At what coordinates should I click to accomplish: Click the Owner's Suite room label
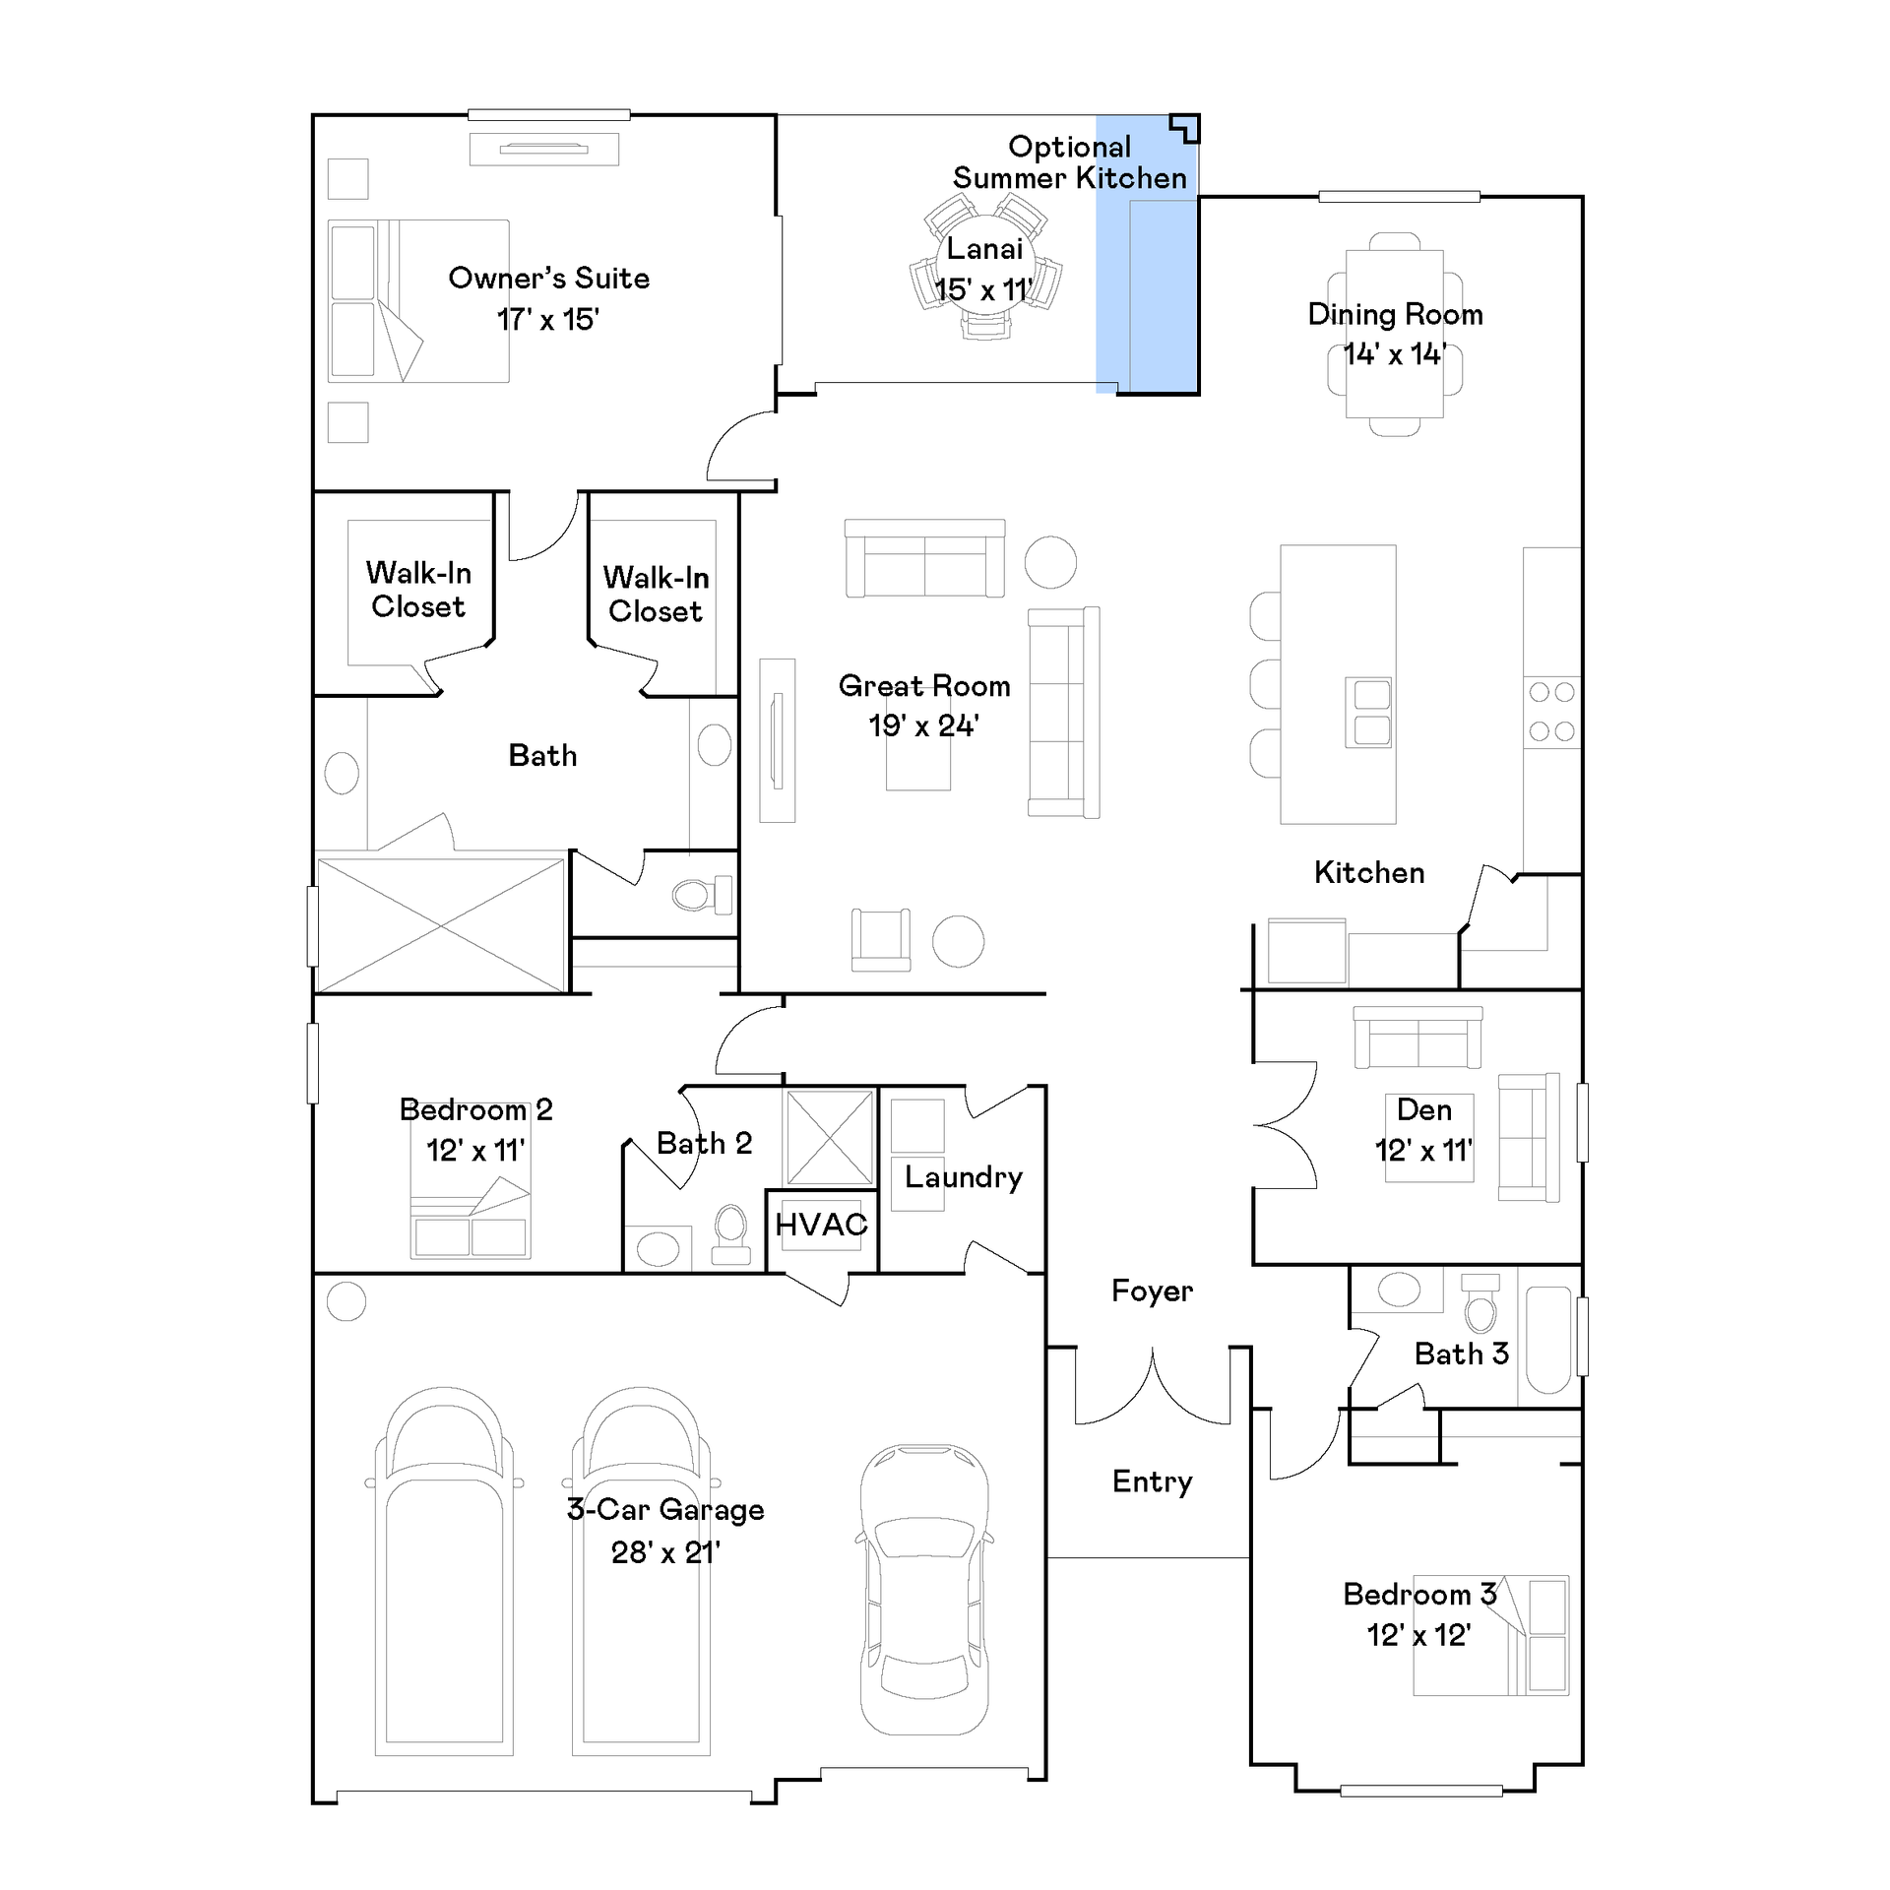coord(548,279)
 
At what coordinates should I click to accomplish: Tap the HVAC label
coord(821,1225)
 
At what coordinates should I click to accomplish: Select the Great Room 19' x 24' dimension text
coord(923,726)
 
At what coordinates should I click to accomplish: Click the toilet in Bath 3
coord(1480,1303)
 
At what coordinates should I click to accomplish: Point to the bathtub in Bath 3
coord(1548,1340)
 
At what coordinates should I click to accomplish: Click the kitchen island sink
coord(1369,713)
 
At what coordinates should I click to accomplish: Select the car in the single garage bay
coord(924,1591)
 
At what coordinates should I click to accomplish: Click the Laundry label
coord(964,1178)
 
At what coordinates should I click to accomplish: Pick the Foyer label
coord(1152,1291)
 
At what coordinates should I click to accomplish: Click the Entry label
coord(1152,1482)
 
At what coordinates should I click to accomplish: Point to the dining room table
coord(1395,335)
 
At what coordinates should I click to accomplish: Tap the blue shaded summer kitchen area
coord(1147,254)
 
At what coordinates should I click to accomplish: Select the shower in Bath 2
coord(830,1138)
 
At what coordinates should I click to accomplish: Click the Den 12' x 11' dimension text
coord(1423,1150)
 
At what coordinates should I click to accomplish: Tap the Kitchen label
coord(1369,872)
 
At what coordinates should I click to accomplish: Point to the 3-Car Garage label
coord(665,1509)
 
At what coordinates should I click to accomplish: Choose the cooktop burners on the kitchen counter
coord(1552,712)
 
